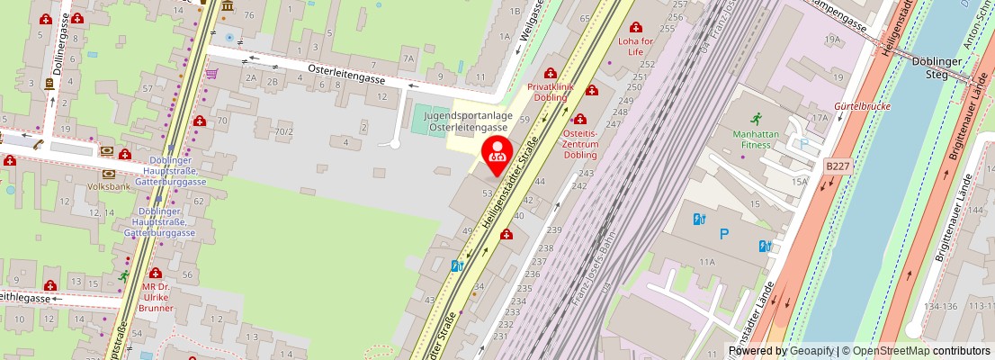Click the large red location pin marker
497,155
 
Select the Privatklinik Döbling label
551,92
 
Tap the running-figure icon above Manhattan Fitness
756,118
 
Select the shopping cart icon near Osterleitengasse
211,73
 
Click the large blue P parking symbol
725,234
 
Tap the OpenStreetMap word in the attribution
891,351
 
